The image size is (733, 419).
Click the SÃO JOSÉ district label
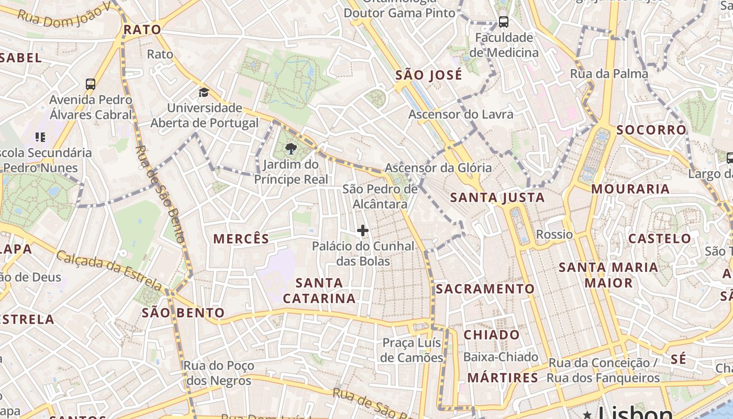point(428,75)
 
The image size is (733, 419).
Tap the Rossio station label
point(554,234)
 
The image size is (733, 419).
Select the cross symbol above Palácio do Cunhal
point(362,230)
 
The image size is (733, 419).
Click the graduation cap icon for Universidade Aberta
point(204,93)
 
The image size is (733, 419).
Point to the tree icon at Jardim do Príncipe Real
point(291,149)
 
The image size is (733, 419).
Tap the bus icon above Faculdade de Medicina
point(503,22)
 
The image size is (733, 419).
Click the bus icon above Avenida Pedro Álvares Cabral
point(91,84)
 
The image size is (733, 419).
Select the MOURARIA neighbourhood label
point(630,189)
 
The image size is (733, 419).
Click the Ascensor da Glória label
point(438,168)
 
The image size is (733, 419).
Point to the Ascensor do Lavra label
point(461,114)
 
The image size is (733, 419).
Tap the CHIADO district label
point(492,335)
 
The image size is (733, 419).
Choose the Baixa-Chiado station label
point(501,357)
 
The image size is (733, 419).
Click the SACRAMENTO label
point(485,289)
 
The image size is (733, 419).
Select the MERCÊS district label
point(241,239)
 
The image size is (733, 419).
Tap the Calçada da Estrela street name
point(109,270)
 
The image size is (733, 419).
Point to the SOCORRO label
point(651,130)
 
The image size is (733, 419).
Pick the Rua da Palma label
point(609,74)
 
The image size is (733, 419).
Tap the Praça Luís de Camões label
point(413,350)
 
